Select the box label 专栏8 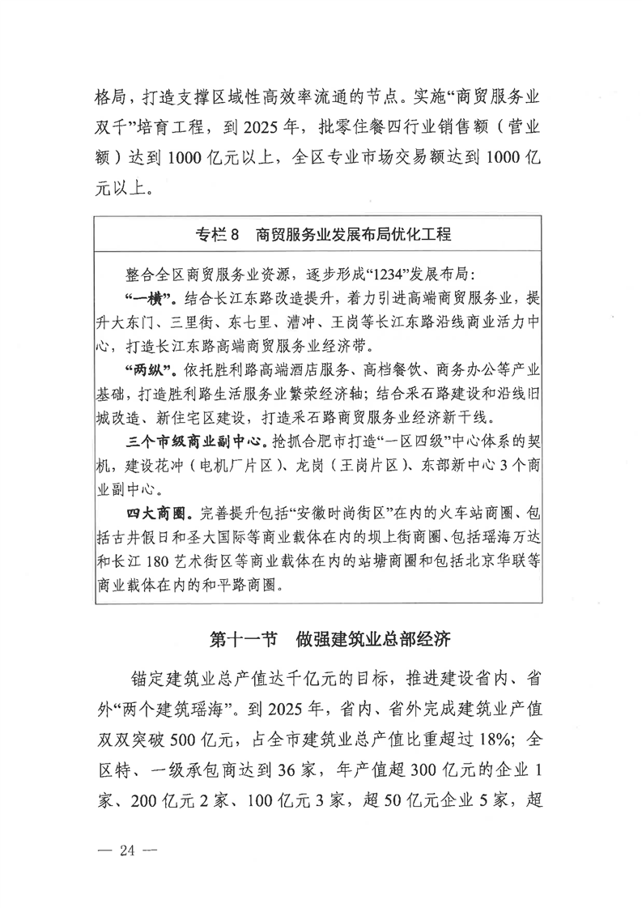pos(218,235)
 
